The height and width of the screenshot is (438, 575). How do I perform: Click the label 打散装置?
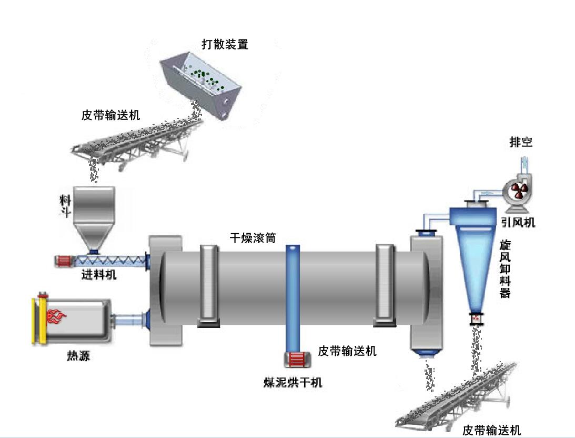pyautogui.click(x=225, y=44)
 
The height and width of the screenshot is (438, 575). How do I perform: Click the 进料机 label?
pyautogui.click(x=99, y=274)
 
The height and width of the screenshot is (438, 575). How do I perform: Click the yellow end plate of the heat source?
pyautogui.click(x=36, y=321)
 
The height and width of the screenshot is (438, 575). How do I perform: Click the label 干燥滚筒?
pyautogui.click(x=250, y=237)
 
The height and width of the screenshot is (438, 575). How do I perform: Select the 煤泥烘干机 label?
pyautogui.click(x=292, y=383)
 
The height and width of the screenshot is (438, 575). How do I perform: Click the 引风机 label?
pyautogui.click(x=518, y=223)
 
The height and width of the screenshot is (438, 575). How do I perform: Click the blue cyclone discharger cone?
pyautogui.click(x=476, y=263)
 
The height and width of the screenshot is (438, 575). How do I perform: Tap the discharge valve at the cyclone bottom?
pyautogui.click(x=477, y=318)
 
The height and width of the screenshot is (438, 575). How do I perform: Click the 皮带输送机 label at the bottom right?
pyautogui.click(x=491, y=430)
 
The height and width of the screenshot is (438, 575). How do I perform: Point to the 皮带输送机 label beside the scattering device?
pyautogui.click(x=111, y=115)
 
